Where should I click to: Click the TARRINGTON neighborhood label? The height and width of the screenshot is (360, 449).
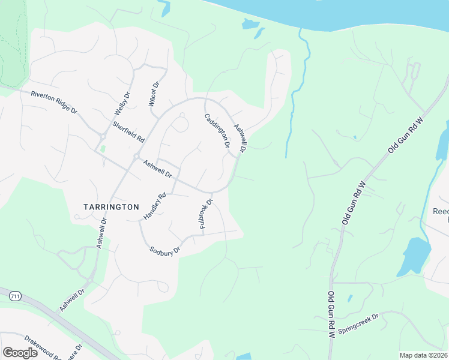click(x=111, y=206)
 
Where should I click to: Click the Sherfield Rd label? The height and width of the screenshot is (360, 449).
click(x=128, y=131)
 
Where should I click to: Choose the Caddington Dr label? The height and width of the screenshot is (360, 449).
click(x=217, y=131)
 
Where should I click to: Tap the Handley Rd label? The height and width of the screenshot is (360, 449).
click(x=154, y=205)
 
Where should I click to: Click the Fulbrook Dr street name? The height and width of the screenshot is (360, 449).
click(x=205, y=214)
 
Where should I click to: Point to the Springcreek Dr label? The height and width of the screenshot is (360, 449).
click(x=358, y=323)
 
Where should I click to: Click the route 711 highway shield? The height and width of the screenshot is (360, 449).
click(x=15, y=295)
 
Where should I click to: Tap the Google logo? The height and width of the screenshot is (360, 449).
click(x=20, y=353)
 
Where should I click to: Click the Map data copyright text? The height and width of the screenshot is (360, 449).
click(x=424, y=355)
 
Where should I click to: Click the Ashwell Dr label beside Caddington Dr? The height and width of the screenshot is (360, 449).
click(x=241, y=137)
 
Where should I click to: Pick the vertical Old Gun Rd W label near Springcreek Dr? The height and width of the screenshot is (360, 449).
click(x=330, y=315)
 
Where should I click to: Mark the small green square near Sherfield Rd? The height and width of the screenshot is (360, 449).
click(x=102, y=148)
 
